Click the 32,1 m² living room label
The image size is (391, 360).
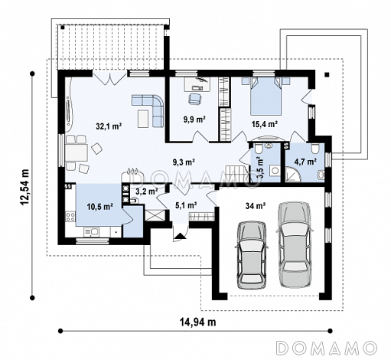[109, 126]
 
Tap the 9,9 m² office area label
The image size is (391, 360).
[194, 119]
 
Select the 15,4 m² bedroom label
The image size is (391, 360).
[265, 124]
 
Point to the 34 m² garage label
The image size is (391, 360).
[256, 206]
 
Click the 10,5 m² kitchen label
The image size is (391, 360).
[100, 207]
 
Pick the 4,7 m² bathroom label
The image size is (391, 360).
[305, 162]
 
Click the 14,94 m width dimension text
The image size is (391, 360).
[198, 322]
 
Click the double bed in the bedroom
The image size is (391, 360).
[266, 97]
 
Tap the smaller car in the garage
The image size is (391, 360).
[252, 256]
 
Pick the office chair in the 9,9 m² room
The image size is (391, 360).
[194, 99]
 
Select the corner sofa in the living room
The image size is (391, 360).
[148, 110]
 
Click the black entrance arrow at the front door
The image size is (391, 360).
[180, 236]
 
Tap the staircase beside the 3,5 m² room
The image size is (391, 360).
[237, 174]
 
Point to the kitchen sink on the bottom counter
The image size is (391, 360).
[92, 232]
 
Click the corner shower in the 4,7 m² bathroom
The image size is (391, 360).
[293, 175]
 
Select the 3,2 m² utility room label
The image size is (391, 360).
[146, 191]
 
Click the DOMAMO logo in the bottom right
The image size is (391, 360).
[327, 348]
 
